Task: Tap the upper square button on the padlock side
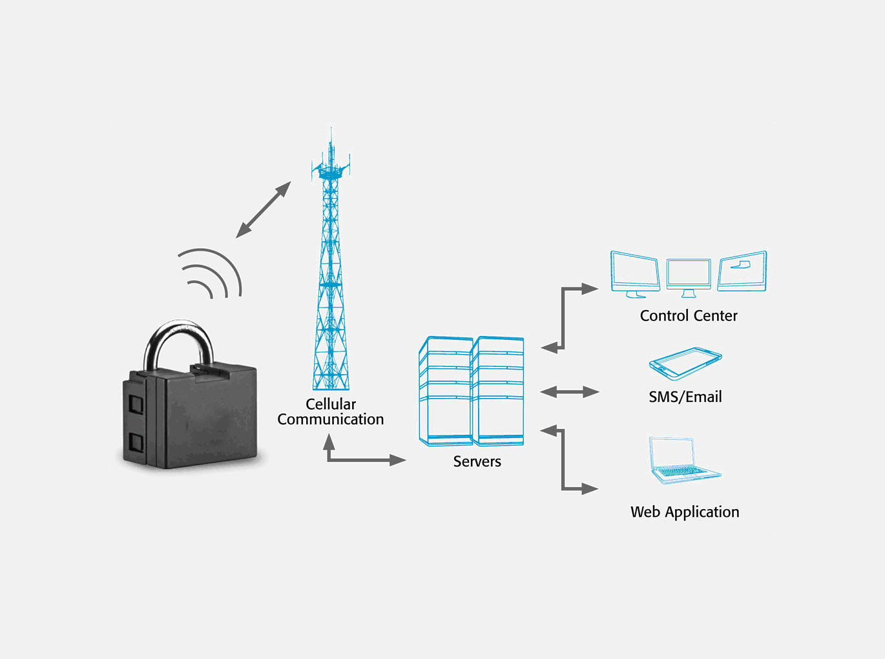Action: click(x=136, y=404)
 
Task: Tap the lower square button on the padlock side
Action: click(x=136, y=443)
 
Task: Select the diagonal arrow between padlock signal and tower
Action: click(x=264, y=209)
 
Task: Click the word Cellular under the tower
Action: click(x=330, y=404)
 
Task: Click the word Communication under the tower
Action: click(x=330, y=419)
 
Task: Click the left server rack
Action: click(x=445, y=391)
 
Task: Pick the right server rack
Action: click(x=497, y=391)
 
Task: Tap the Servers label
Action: click(x=477, y=461)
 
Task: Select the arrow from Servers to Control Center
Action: click(x=563, y=318)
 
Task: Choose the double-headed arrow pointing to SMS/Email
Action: click(x=569, y=392)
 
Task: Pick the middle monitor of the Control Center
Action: click(x=688, y=277)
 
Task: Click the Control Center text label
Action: click(x=688, y=316)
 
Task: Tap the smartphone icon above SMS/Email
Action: click(x=685, y=363)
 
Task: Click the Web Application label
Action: click(x=685, y=512)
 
